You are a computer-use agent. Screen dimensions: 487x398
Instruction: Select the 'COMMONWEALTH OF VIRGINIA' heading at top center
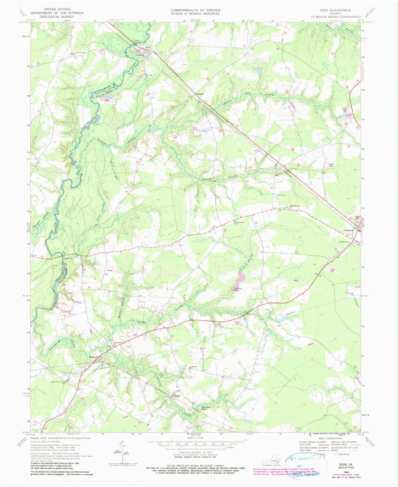pos(195,9)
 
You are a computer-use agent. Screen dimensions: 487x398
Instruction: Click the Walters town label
pos(95,358)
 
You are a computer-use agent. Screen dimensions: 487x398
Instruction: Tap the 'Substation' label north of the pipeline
pos(281,195)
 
